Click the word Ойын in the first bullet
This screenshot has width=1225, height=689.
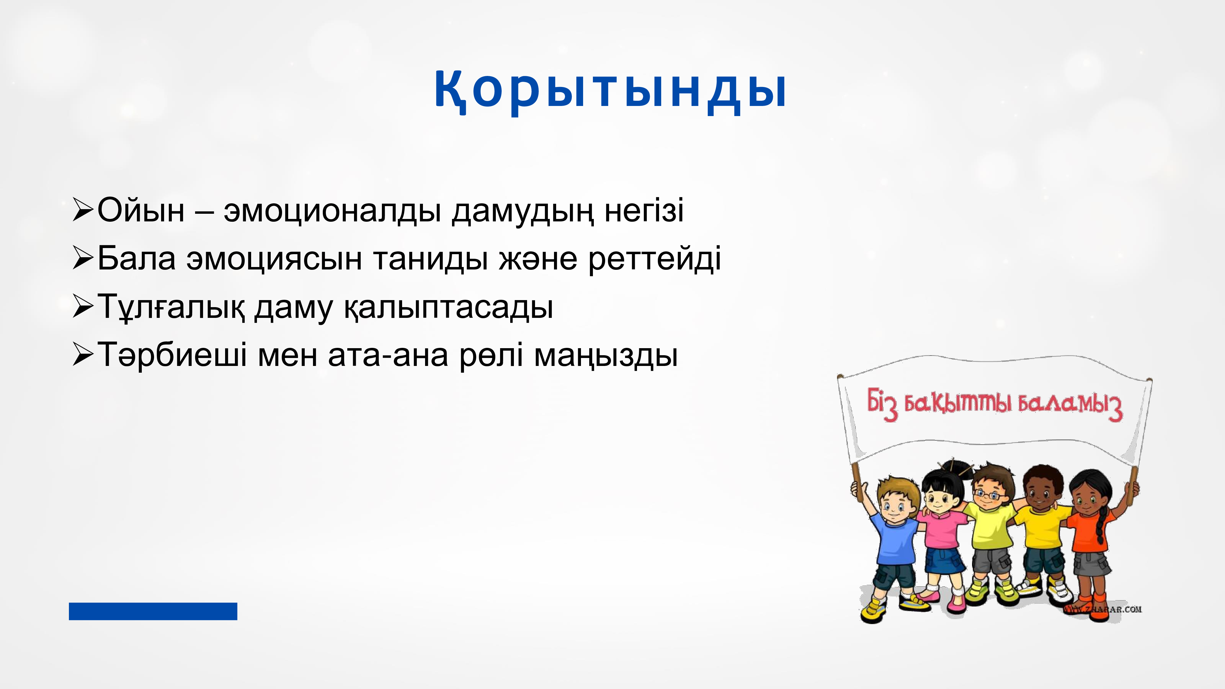point(141,210)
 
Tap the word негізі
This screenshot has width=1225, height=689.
point(644,210)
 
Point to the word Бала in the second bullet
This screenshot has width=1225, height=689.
point(137,258)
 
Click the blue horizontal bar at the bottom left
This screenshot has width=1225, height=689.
point(153,611)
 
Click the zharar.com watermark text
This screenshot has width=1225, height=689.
point(1103,609)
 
